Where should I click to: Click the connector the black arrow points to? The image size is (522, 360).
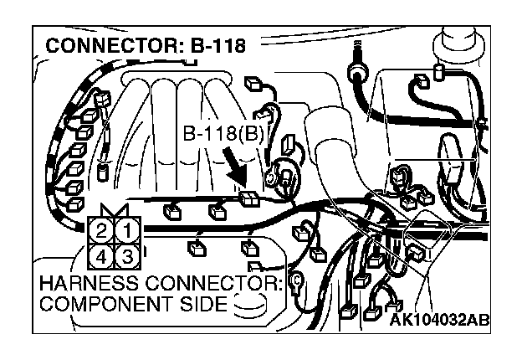pyautogui.click(x=248, y=198)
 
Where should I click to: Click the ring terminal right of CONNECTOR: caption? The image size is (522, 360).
pyautogui.click(x=294, y=283)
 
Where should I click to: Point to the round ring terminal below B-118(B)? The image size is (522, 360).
pyautogui.click(x=273, y=177)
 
